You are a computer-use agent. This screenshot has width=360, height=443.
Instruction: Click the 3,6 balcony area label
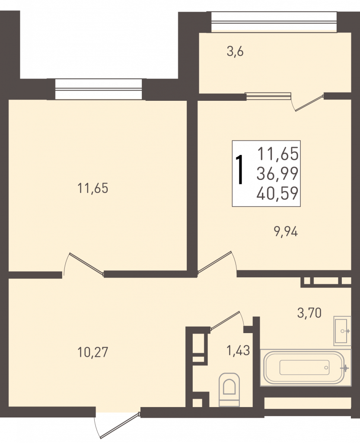click(235, 52)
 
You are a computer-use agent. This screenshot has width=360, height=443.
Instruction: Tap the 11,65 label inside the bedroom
click(93, 188)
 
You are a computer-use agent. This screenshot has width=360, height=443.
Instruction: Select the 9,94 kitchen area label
click(286, 232)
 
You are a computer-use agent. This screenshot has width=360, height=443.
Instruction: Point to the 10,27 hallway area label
click(93, 352)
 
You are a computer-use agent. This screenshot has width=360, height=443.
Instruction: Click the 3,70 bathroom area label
click(309, 313)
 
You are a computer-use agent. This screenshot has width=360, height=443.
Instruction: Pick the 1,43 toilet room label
click(239, 350)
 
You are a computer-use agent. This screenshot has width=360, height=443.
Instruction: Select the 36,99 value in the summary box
click(277, 173)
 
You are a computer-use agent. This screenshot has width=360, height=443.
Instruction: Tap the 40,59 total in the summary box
click(277, 193)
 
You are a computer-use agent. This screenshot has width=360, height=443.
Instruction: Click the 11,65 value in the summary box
click(278, 154)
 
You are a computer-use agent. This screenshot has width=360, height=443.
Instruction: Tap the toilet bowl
click(229, 389)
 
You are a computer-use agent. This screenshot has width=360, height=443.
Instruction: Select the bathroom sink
click(343, 331)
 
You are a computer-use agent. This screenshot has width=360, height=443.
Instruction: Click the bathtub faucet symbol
click(345, 368)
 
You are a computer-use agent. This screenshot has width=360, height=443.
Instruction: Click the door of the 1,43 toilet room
click(225, 321)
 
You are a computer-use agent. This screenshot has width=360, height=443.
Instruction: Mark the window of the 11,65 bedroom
click(98, 89)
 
